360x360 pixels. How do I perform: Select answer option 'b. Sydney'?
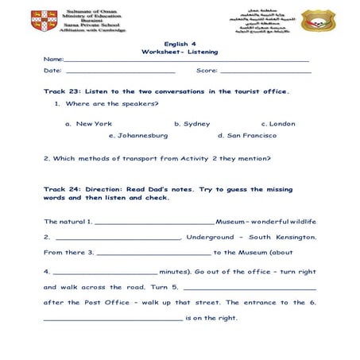coord(192,124)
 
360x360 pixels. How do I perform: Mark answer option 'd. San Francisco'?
coord(247,136)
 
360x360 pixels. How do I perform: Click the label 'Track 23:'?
coord(63,92)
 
